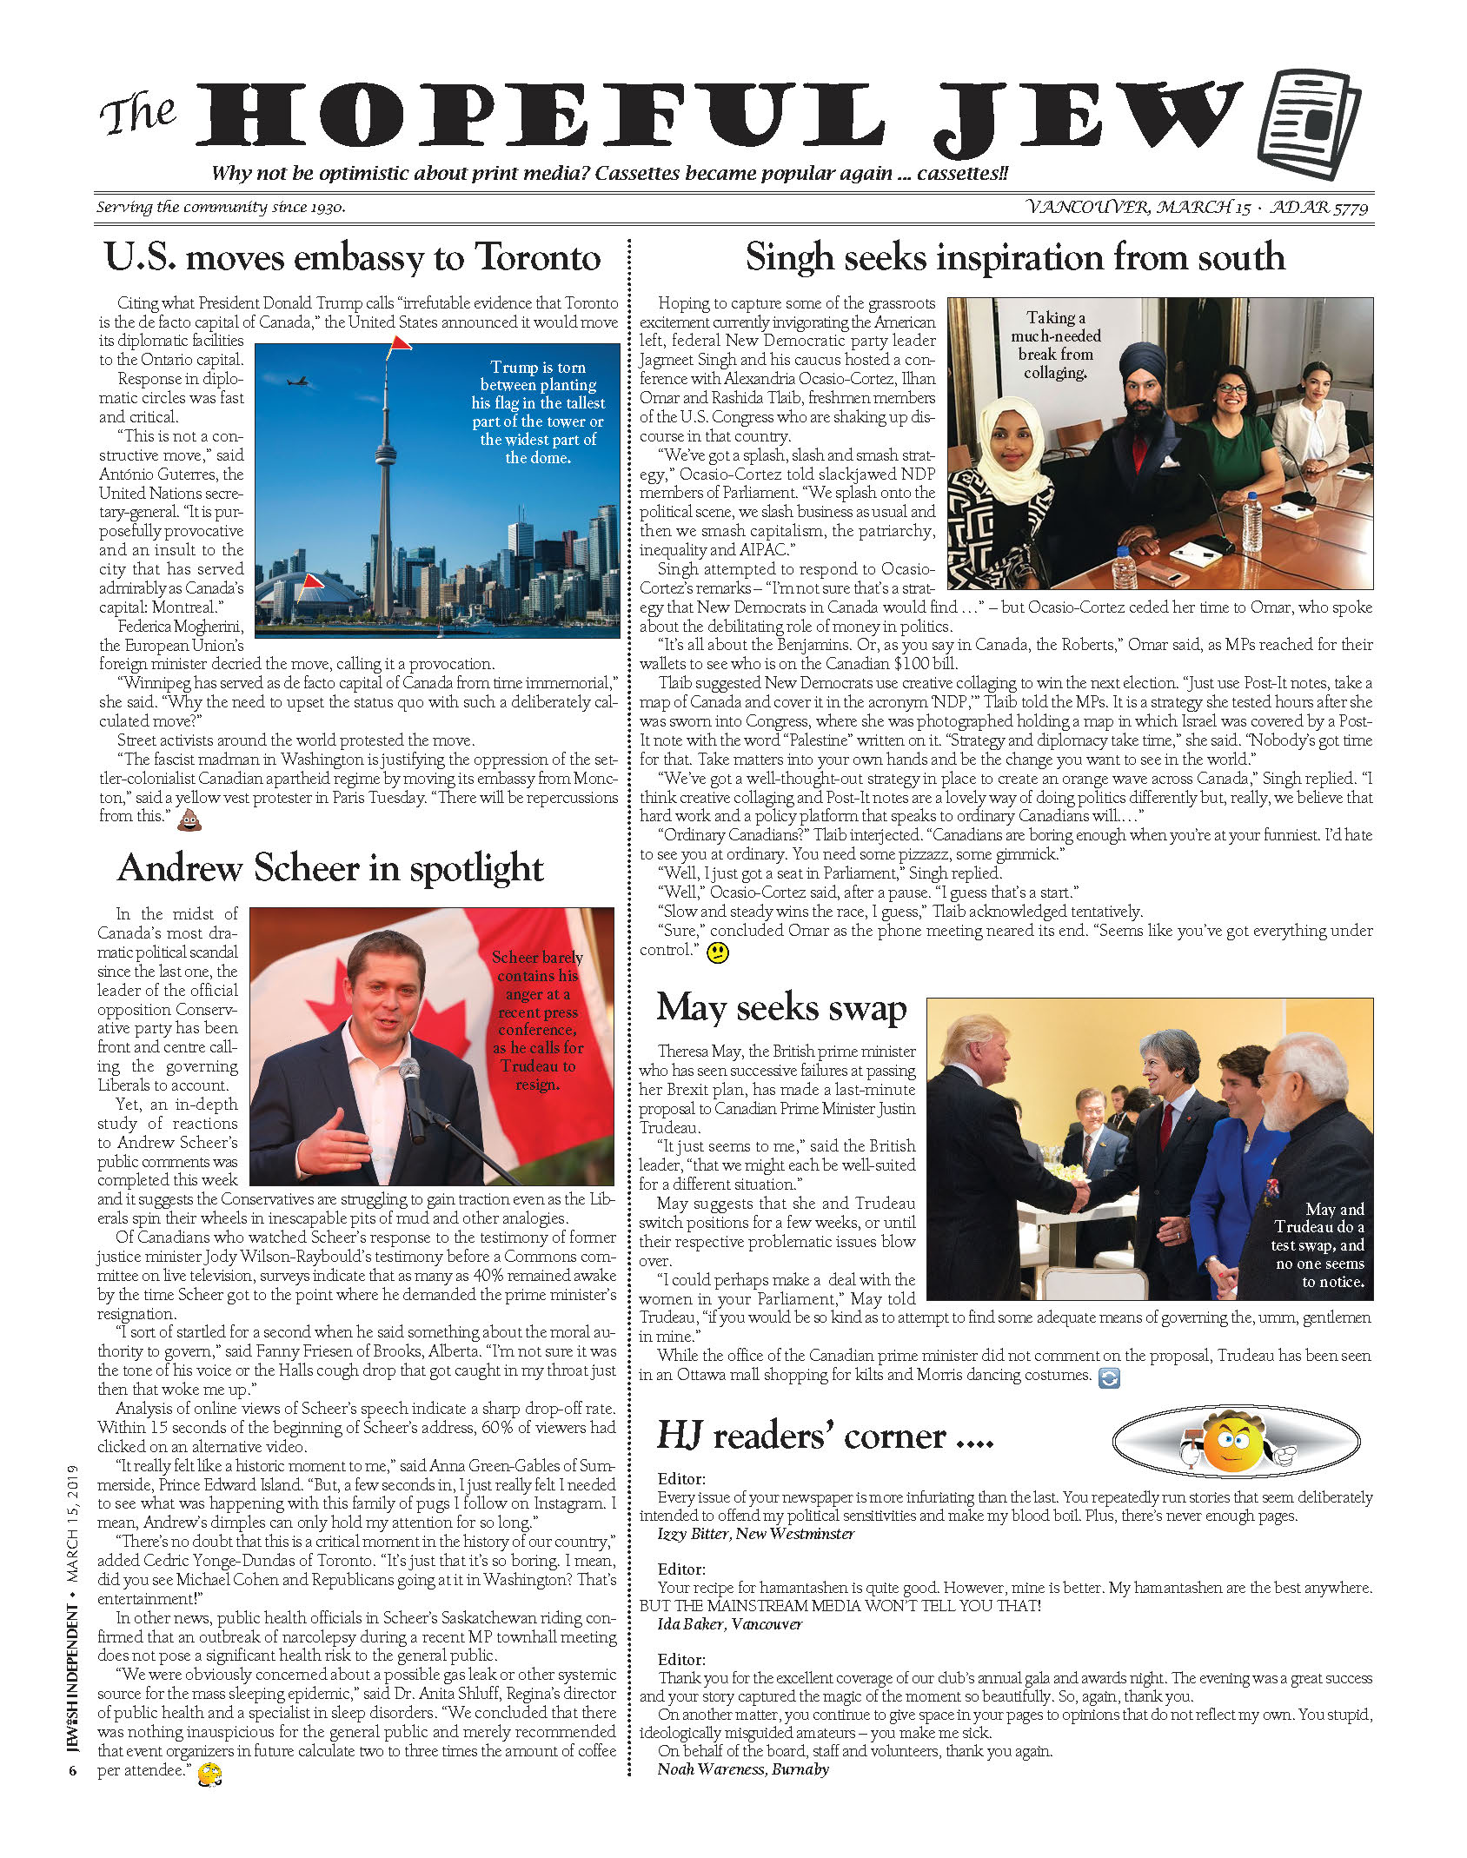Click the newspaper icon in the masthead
1310,124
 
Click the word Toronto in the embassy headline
538,257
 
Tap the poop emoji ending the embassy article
189,820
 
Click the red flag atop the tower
398,344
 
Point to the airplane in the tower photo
298,381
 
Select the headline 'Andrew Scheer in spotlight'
330,868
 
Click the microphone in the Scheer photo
410,1078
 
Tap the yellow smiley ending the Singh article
718,952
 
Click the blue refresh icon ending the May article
1109,1377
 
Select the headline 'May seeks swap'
781,1007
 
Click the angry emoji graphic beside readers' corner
1234,1443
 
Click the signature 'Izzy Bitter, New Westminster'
755,1534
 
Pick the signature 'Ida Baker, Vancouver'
729,1624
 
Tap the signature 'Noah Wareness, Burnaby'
743,1769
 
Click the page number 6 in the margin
73,1770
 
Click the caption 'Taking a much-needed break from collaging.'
1055,345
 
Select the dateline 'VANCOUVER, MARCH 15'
1138,207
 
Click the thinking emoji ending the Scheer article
209,1773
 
